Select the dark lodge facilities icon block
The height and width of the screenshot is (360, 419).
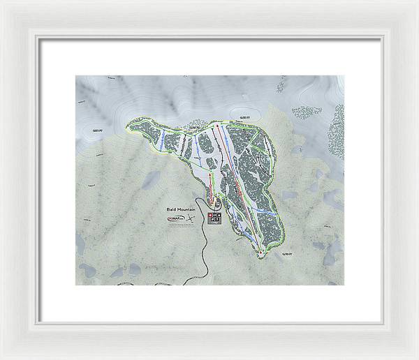point(214,218)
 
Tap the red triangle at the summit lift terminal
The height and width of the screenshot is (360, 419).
point(217,126)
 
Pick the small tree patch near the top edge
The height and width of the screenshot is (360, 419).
point(280,87)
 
